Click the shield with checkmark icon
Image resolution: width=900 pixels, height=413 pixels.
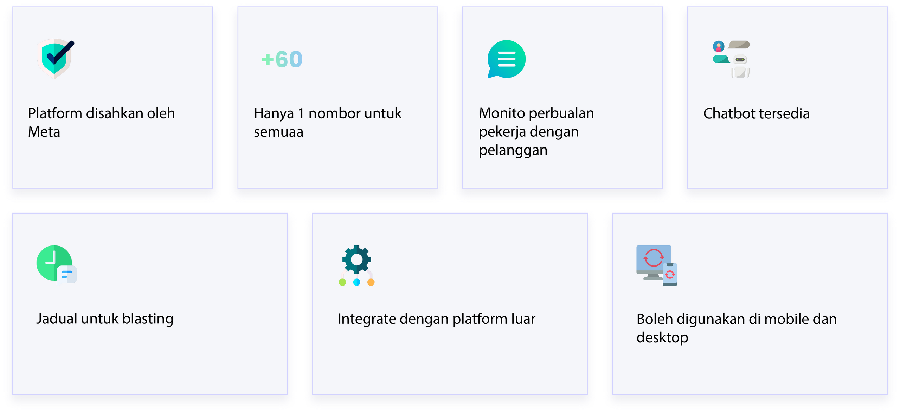56,58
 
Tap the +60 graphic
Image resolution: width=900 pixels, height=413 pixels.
282,59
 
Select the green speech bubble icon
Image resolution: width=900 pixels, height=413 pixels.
506,59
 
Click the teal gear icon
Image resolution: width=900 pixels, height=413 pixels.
356,260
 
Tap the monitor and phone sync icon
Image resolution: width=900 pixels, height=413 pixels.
656,265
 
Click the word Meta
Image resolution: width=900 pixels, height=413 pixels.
44,132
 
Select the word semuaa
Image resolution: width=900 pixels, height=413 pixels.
278,132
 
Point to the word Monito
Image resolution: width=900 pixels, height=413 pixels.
502,113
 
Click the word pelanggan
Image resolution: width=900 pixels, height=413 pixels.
513,150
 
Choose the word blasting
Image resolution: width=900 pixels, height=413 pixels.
148,319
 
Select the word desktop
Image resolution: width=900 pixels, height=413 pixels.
662,337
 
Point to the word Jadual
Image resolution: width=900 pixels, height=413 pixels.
57,319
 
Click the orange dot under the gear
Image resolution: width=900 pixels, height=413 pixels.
371,282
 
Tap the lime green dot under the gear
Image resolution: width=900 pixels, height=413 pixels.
342,282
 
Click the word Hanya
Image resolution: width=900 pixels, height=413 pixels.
274,114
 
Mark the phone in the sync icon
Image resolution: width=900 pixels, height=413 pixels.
670,275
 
